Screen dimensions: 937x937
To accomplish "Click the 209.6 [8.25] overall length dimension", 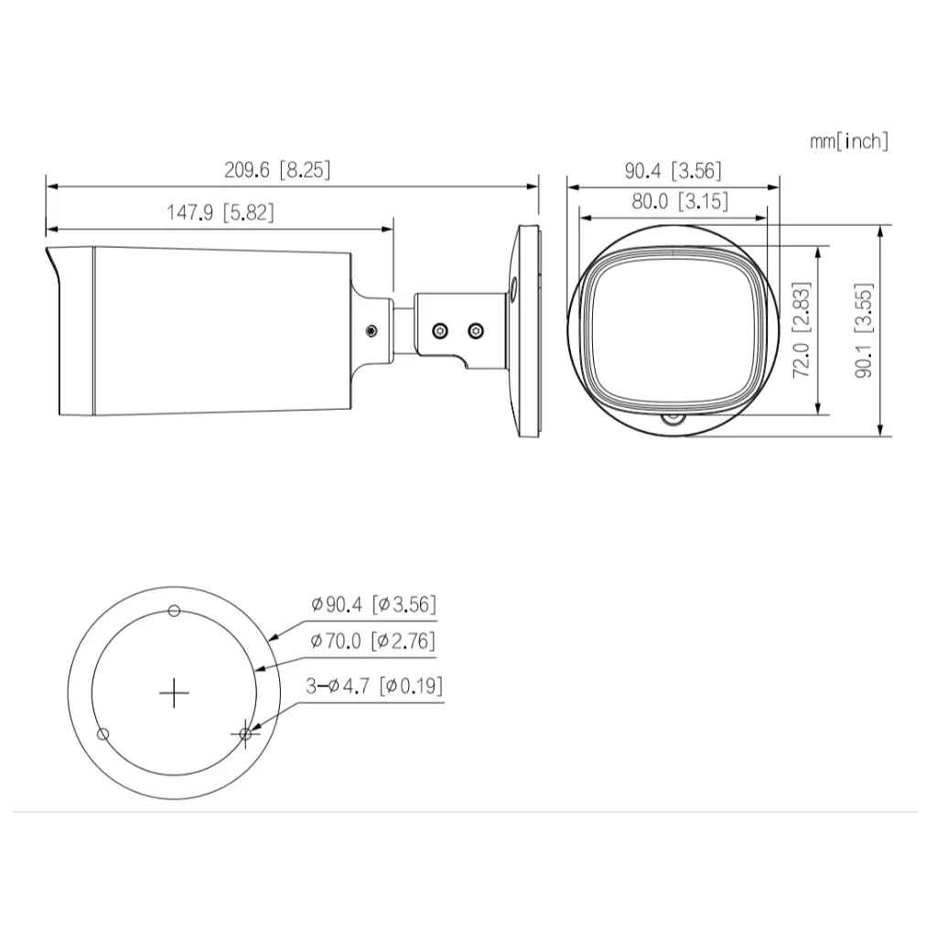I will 277,169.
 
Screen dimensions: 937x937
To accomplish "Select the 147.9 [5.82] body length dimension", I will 220,212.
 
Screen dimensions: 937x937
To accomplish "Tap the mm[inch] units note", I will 848,141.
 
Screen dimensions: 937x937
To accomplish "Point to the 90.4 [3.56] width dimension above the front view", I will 673,169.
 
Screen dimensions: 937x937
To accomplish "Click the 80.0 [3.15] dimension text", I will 679,202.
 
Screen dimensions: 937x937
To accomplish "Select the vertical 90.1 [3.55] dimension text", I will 862,329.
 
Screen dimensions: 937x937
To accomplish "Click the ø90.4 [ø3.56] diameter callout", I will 372,604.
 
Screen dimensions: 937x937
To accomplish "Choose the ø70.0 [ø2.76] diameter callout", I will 372,641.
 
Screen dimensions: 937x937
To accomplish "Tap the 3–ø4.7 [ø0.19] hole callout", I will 372,685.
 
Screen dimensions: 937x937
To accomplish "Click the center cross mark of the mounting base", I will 174,693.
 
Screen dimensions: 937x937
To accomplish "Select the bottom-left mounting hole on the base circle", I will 103,734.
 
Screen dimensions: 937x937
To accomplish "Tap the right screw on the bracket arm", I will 474,328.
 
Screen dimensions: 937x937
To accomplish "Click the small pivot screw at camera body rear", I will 371,329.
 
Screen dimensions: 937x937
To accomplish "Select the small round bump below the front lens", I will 673,420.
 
